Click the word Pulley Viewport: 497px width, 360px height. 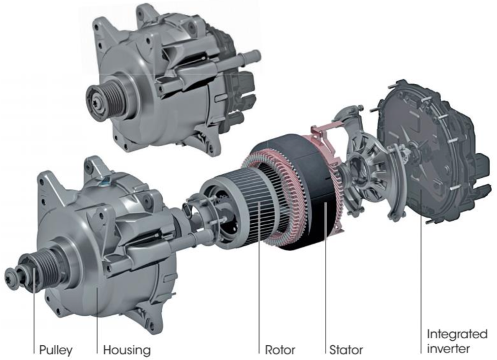[56, 350]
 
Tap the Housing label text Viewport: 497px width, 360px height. [127, 350]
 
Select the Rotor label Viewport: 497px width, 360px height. [280, 350]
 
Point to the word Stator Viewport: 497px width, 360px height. [346, 350]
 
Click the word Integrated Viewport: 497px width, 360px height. [457, 334]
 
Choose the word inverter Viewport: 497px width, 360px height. [448, 349]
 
